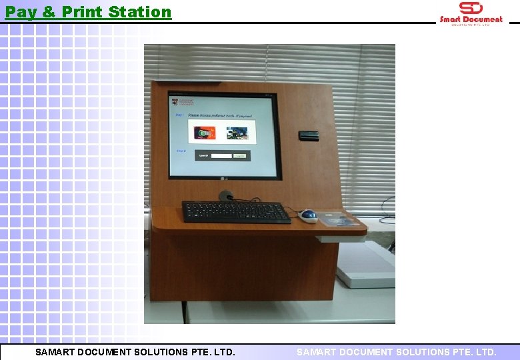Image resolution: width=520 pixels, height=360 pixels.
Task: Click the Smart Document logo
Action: [471, 13]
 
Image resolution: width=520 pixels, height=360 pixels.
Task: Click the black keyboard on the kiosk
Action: [236, 211]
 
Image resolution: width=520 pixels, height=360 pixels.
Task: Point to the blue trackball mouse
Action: [308, 215]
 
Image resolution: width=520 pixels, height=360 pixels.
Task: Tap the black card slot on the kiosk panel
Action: [308, 135]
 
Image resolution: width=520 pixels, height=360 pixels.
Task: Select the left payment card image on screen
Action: [205, 133]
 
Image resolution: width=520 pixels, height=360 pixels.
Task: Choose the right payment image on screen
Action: [237, 133]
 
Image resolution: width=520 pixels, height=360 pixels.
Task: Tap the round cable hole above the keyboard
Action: [227, 196]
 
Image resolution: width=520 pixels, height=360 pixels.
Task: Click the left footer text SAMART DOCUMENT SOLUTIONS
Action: [135, 351]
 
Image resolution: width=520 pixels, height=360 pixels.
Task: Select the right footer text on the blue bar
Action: [396, 351]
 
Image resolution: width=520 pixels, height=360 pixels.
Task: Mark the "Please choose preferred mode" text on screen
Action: [221, 115]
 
